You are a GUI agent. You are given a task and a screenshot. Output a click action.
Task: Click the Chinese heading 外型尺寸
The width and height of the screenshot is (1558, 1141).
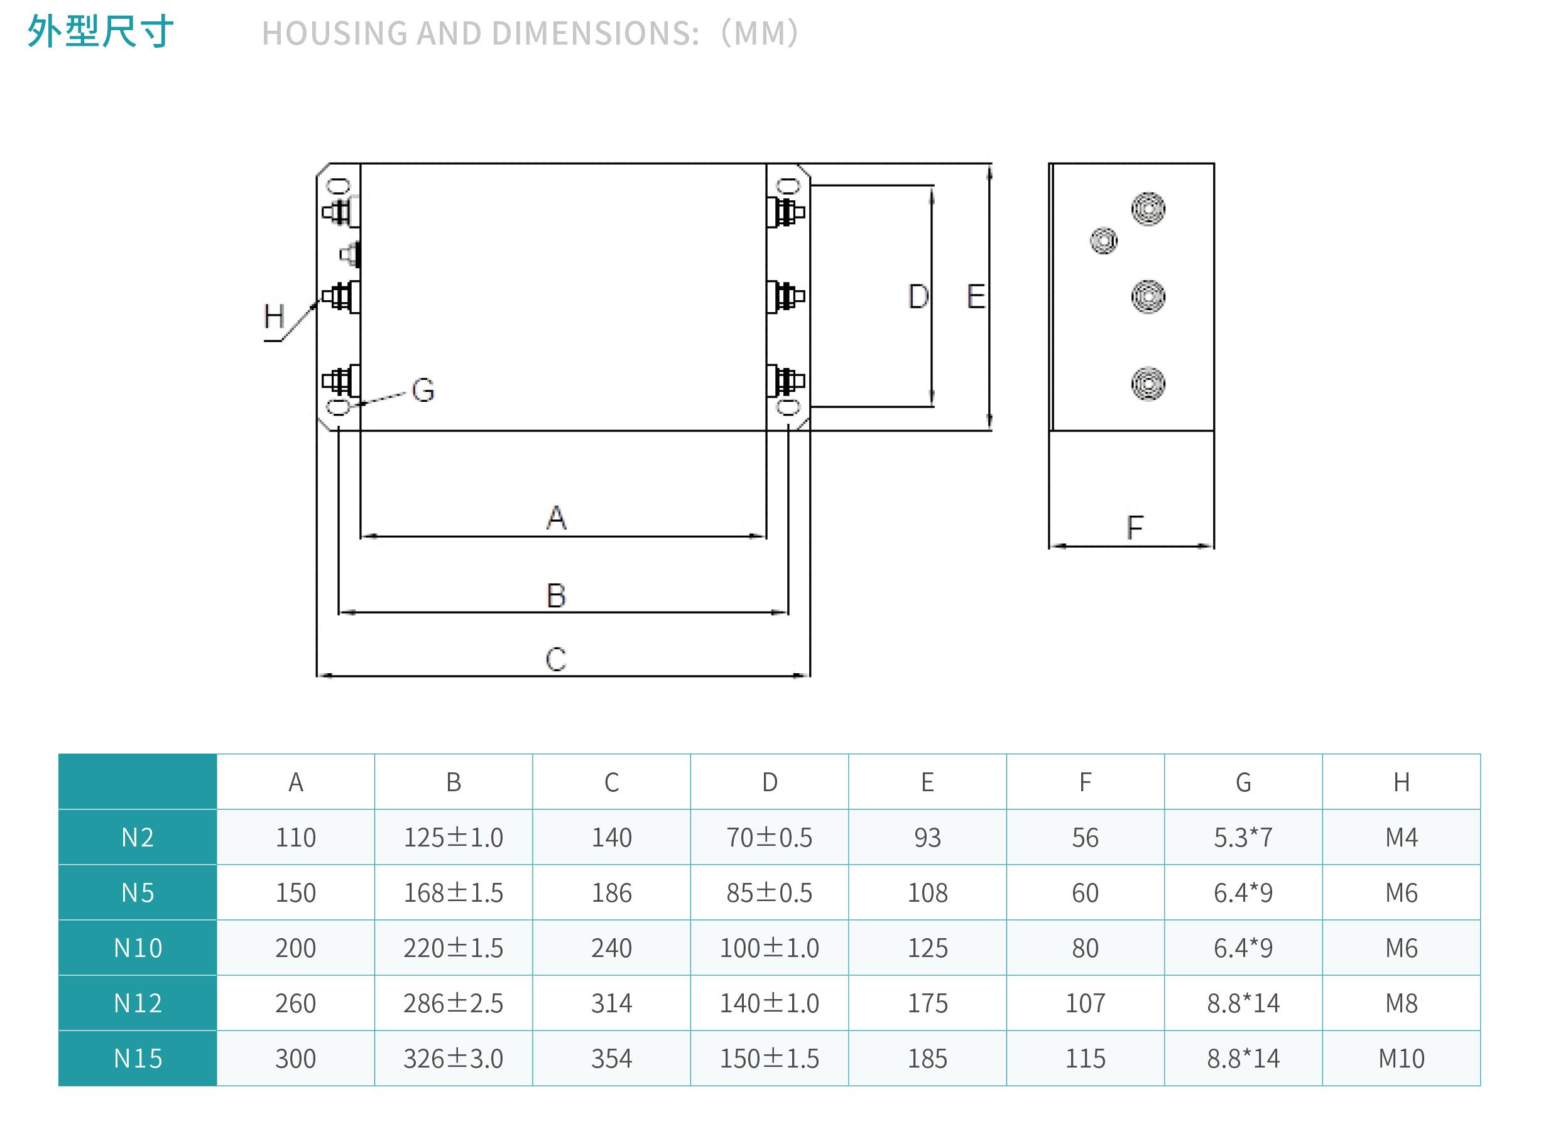[100, 32]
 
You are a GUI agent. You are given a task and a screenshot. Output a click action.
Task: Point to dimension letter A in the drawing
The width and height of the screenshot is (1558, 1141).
[556, 518]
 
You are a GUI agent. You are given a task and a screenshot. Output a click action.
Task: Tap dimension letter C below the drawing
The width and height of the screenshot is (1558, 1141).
[556, 659]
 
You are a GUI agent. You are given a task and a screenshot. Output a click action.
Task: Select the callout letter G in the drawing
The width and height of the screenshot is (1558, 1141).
[423, 390]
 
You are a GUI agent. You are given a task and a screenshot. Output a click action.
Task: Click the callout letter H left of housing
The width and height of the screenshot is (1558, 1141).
[274, 317]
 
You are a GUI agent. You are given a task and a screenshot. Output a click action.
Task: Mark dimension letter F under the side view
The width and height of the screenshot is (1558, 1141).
[1135, 527]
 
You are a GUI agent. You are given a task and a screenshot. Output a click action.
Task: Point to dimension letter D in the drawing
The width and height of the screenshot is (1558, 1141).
[918, 297]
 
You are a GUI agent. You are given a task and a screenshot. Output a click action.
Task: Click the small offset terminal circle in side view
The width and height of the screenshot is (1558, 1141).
[1103, 241]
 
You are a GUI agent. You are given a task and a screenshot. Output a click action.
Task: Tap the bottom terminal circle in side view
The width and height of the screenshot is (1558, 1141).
[1148, 384]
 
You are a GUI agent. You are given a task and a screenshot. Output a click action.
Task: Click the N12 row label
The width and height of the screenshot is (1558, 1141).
[138, 1003]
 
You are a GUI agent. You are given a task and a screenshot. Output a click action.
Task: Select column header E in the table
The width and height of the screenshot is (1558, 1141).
[927, 782]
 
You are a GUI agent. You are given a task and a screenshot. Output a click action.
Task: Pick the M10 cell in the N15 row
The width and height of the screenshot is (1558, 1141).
[1401, 1058]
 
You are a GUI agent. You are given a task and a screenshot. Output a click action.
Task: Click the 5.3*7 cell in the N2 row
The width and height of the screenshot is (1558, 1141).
[1243, 837]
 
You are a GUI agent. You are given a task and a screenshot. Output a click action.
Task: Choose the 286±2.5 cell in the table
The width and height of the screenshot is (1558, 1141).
[453, 1003]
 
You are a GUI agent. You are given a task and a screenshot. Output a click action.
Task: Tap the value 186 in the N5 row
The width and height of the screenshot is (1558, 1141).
[611, 893]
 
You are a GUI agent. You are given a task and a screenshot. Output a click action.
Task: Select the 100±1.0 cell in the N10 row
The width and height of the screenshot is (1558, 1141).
[769, 948]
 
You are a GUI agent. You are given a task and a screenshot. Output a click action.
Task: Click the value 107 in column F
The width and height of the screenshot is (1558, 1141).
[1086, 1003]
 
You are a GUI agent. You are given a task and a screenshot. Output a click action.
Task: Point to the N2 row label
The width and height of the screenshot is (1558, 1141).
[138, 837]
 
